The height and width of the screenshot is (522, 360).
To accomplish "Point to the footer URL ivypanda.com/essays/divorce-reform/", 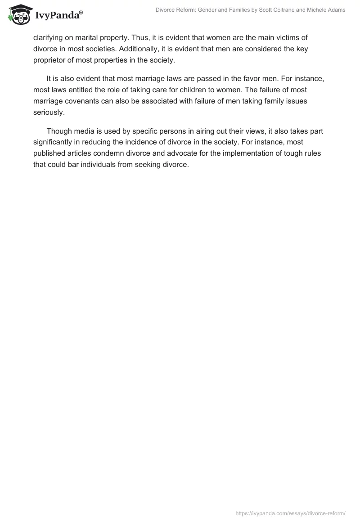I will (290, 513).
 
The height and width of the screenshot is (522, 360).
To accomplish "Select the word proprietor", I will (51, 60).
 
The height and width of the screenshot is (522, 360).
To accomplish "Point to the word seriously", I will (49, 112).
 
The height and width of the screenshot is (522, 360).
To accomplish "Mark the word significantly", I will (55, 142).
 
